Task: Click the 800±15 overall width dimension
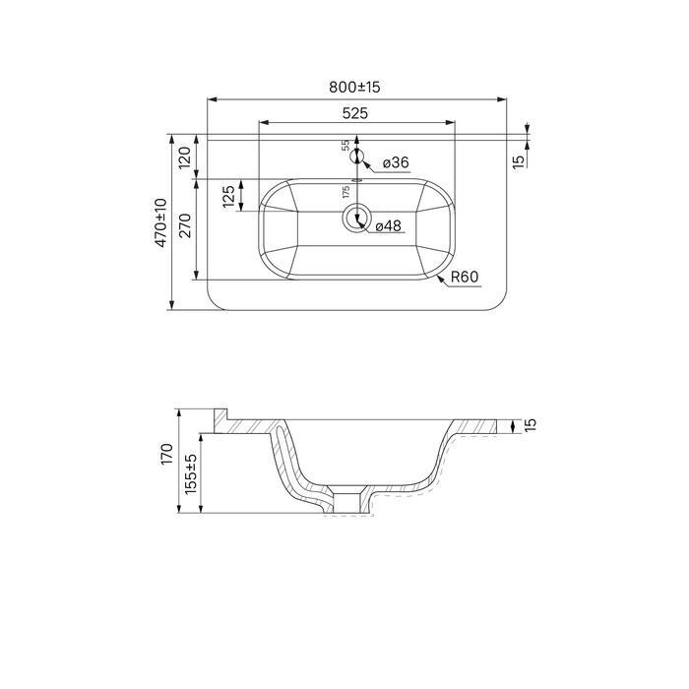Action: [354, 87]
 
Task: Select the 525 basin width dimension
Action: [355, 113]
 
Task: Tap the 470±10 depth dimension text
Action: [160, 222]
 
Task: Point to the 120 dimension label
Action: [185, 157]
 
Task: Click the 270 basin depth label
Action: [185, 225]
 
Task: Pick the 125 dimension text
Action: [228, 197]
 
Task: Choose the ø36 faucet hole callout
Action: [396, 162]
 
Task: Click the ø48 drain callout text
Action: [389, 225]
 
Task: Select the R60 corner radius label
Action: [465, 277]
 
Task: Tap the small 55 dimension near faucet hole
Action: [345, 146]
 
